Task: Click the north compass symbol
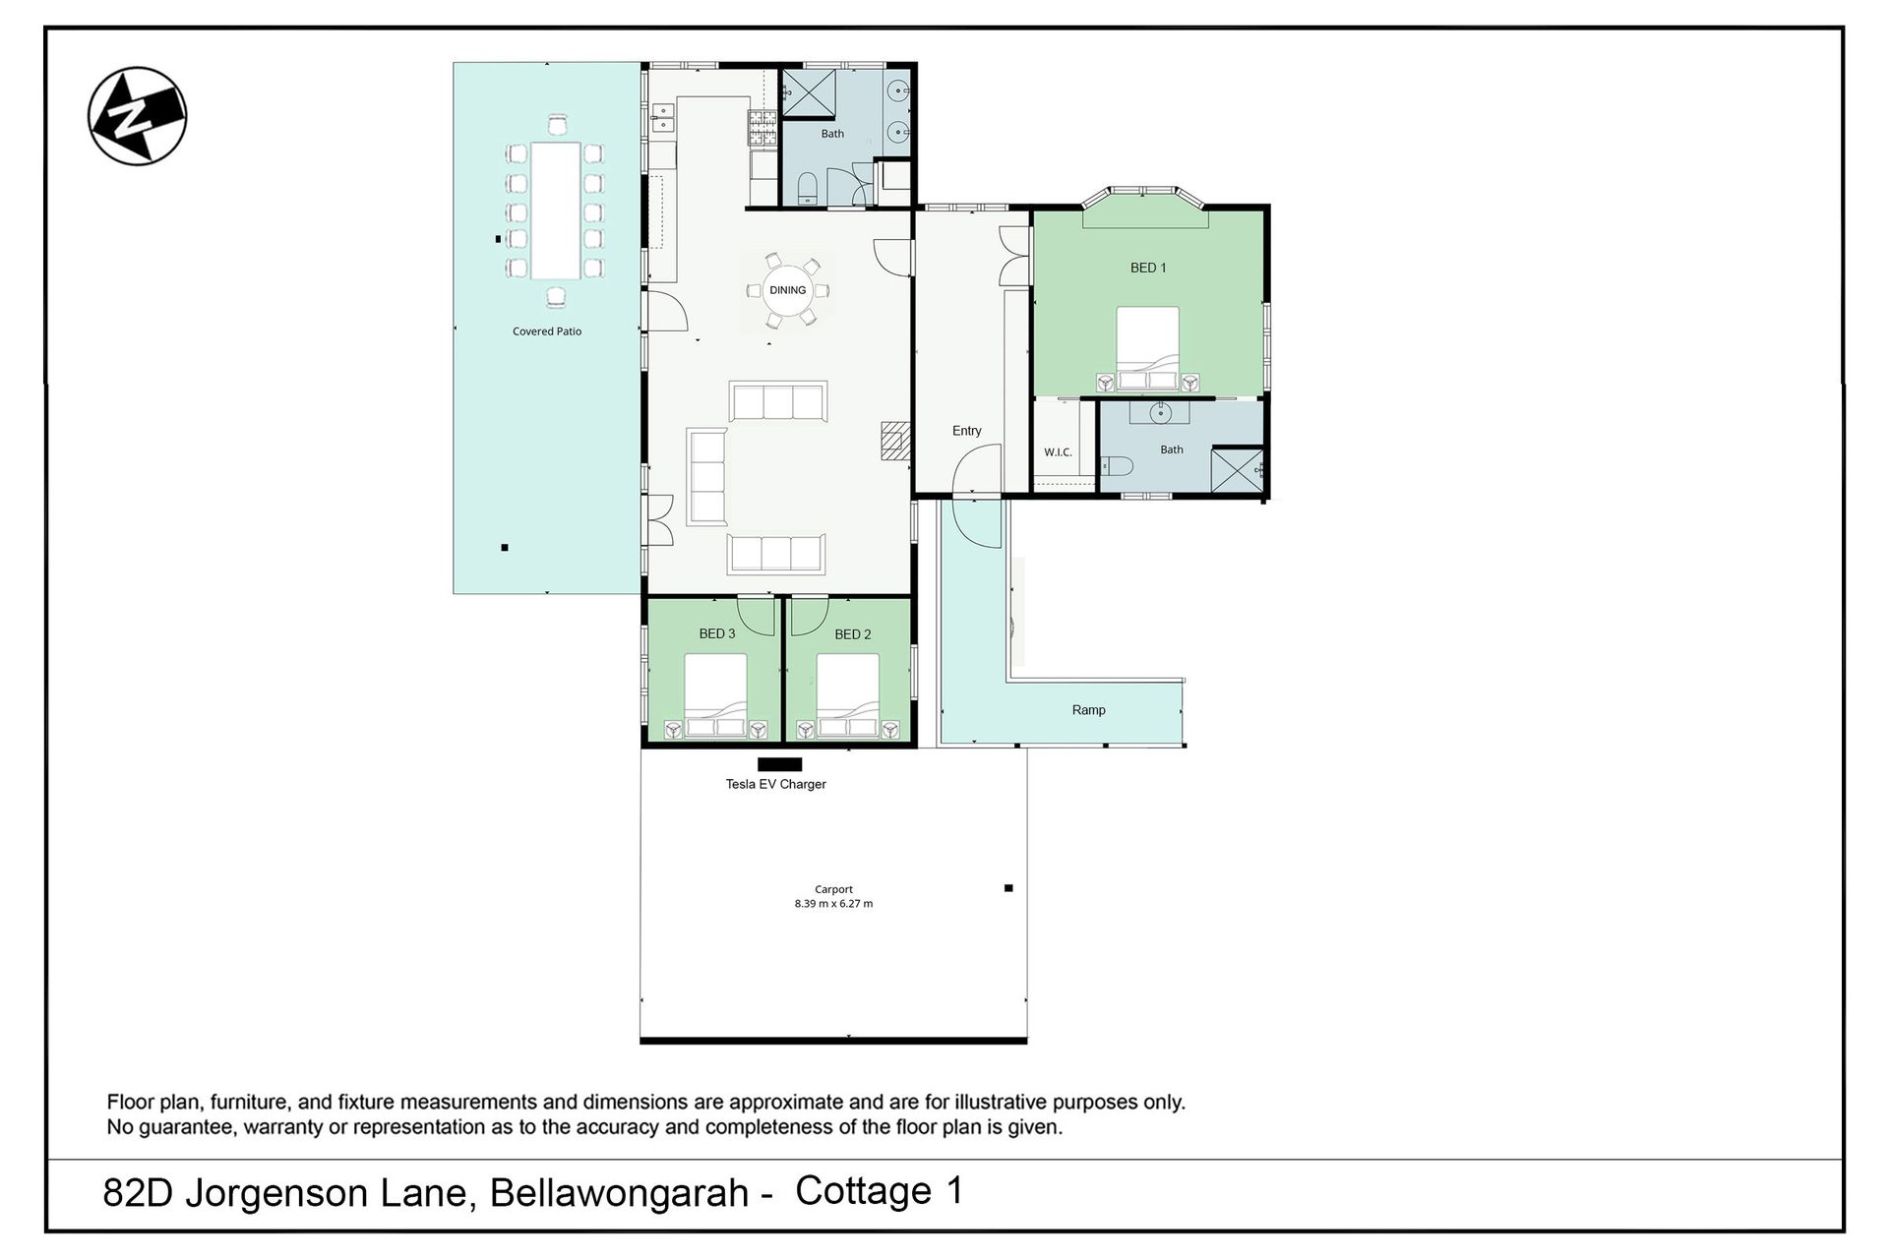click(137, 116)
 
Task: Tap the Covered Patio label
click(547, 331)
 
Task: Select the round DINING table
click(787, 290)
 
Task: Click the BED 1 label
click(1148, 268)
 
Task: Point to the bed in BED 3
click(715, 696)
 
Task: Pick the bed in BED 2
click(847, 696)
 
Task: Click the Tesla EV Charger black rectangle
click(779, 764)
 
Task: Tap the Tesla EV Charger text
click(775, 784)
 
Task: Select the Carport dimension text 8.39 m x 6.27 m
click(833, 903)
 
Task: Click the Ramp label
click(1088, 710)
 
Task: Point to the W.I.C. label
click(1058, 452)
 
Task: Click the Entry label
click(966, 431)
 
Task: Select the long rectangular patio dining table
click(555, 210)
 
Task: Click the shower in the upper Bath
click(808, 92)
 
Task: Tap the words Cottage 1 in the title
click(879, 1191)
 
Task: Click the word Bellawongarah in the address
click(619, 1193)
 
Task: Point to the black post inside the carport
click(1008, 888)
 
